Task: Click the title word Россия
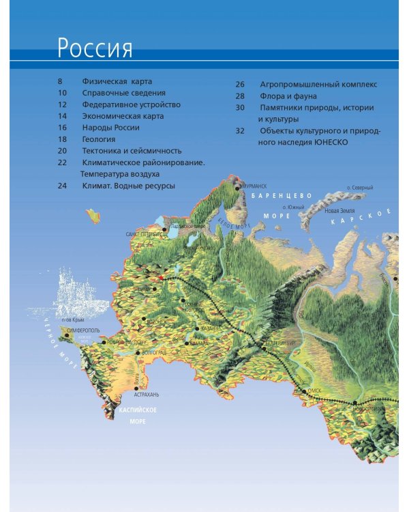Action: tap(95, 48)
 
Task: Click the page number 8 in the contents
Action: tap(60, 81)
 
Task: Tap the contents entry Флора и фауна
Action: tap(288, 96)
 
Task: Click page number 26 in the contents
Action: tap(240, 85)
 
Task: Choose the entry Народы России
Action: tap(110, 127)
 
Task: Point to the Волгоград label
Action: tap(154, 352)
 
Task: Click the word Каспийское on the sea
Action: tap(138, 410)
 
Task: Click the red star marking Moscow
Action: tap(161, 278)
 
